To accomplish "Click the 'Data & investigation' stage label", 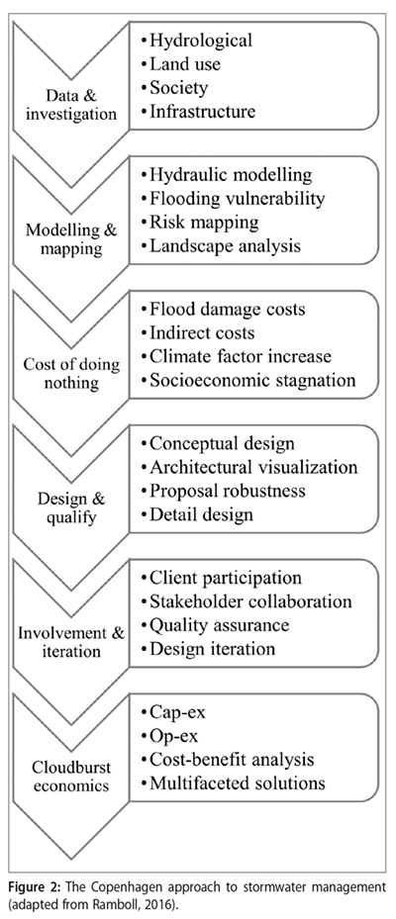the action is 70,104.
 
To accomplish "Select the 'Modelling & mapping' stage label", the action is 72,238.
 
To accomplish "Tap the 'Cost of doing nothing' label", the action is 71,373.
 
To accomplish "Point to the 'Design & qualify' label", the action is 71,507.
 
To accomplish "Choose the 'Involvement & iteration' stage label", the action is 71,642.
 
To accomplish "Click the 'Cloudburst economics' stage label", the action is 71,776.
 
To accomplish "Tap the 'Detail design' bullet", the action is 201,514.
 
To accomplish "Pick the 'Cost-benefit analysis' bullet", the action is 232,760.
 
